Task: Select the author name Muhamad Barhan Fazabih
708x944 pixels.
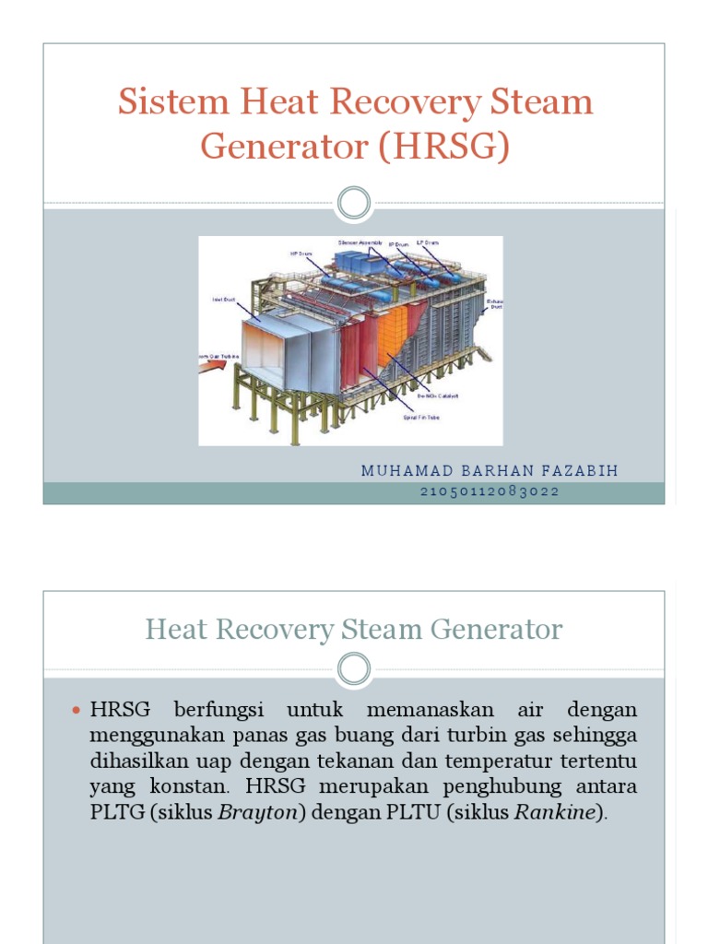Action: point(490,471)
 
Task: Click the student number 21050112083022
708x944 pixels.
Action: point(490,491)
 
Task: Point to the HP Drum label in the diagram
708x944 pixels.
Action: point(301,253)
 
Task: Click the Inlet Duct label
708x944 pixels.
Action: point(224,300)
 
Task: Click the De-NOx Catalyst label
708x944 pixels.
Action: point(441,396)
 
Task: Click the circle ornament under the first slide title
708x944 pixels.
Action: point(354,203)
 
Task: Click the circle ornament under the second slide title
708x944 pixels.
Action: point(354,668)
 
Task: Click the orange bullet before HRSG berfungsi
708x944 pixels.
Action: point(77,711)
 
